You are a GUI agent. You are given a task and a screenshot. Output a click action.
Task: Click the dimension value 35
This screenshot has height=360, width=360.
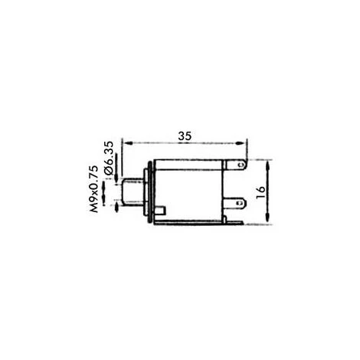(x=185, y=136)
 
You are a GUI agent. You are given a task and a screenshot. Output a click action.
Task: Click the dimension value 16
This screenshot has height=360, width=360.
(x=260, y=192)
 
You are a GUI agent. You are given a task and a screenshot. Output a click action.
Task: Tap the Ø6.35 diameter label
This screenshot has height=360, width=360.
(x=109, y=158)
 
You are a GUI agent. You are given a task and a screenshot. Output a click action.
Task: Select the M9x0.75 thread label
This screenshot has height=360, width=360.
(x=93, y=189)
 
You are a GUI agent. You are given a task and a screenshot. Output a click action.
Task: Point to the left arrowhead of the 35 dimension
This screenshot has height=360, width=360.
(x=127, y=143)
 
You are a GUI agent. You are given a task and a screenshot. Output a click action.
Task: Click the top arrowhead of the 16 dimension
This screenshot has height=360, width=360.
(x=267, y=165)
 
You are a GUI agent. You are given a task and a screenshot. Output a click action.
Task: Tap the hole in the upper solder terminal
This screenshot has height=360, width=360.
(x=240, y=165)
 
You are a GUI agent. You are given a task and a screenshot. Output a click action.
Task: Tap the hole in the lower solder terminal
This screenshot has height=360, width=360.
(x=240, y=203)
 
